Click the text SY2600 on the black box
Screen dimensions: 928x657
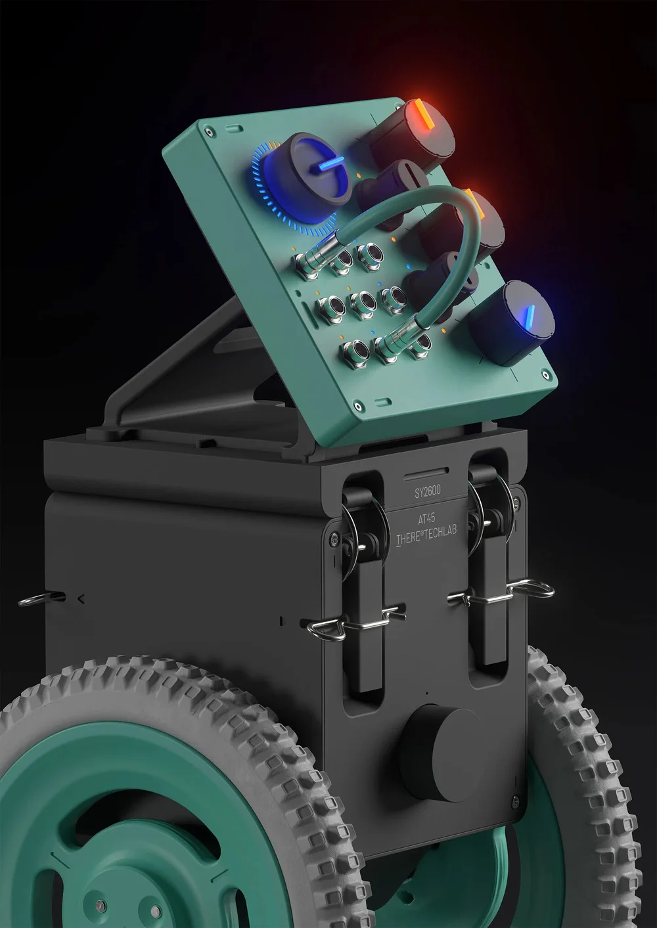pos(428,491)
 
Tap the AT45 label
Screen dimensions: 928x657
pos(426,518)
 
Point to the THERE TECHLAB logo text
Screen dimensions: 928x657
pos(426,535)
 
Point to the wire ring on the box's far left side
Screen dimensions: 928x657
pos(39,598)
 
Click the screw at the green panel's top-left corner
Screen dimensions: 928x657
pos(210,133)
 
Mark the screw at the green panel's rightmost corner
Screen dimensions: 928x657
pos(545,375)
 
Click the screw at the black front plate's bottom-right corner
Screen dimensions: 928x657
pos(515,801)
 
